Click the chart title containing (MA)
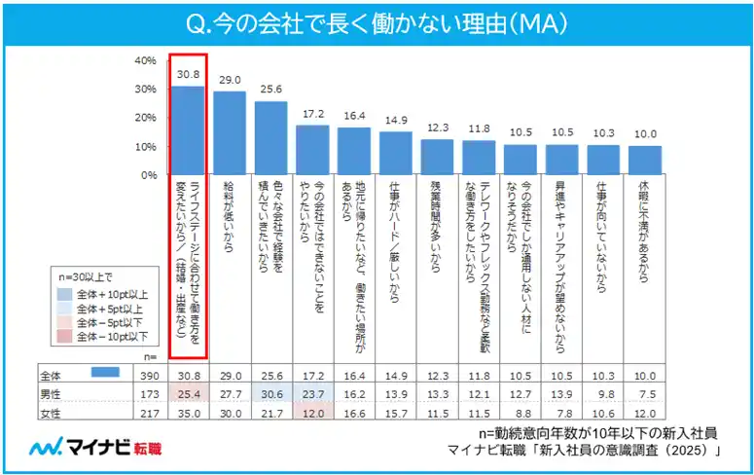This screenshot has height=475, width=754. point(377,20)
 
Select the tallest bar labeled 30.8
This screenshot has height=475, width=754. point(188,130)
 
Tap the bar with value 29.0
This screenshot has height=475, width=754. point(230,133)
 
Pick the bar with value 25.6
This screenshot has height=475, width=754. point(271,138)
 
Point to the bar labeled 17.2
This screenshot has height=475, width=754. point(312,150)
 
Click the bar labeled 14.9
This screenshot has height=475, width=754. point(396,154)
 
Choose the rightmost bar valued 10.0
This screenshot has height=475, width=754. point(645,161)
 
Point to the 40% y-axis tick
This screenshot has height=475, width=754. point(144,60)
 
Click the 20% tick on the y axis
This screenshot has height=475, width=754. point(144,118)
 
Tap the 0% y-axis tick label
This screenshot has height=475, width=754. point(146,175)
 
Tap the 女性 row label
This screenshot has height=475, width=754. point(51,412)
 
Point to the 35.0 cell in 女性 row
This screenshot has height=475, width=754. point(188,412)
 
